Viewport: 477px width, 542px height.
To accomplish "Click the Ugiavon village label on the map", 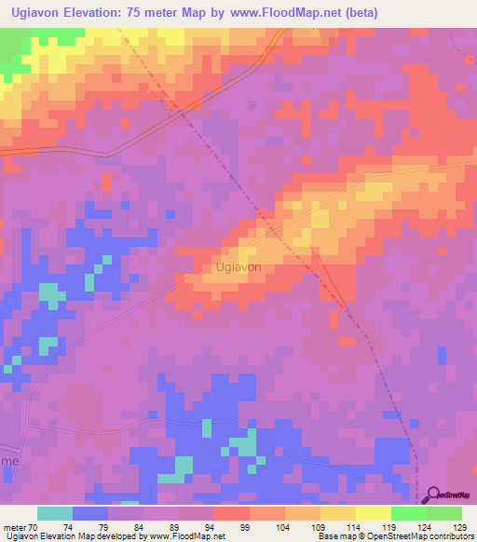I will point(238,266).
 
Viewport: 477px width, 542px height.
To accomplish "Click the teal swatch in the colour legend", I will point(55,513).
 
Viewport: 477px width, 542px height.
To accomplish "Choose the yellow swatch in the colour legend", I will point(374,513).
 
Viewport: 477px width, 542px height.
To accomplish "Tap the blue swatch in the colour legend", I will point(90,513).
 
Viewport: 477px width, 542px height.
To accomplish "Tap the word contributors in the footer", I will point(447,536).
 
